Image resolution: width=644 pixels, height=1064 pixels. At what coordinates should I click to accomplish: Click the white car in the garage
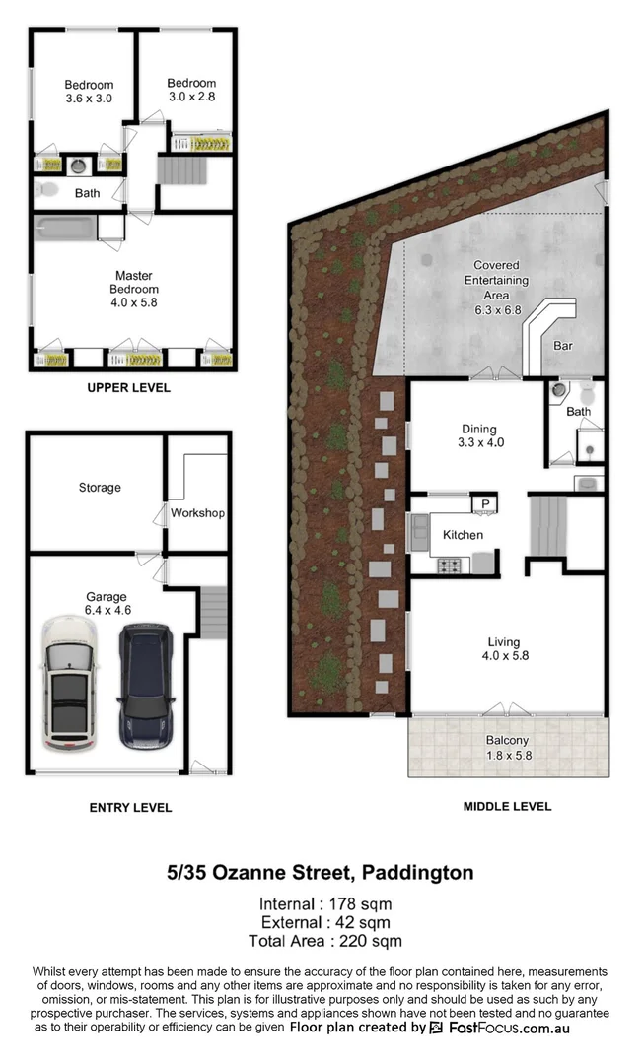(x=68, y=685)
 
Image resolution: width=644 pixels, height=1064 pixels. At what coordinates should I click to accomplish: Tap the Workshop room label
(x=197, y=513)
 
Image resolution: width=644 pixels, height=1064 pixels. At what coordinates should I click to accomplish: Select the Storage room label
(x=100, y=488)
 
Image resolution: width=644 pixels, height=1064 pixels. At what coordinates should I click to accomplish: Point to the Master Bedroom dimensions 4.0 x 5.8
(x=134, y=303)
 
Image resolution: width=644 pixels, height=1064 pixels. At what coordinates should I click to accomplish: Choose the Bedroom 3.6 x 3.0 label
(x=89, y=92)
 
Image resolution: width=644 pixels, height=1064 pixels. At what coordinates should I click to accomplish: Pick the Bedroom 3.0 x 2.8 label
(x=191, y=90)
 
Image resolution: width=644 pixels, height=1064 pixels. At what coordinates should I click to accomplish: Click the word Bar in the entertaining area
(x=563, y=347)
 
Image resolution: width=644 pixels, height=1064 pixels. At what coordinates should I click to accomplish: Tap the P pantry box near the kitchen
(x=484, y=504)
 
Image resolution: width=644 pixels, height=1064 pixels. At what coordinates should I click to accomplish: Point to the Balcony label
(x=507, y=741)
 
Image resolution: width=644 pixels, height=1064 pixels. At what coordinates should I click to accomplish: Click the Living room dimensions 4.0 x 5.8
(x=507, y=656)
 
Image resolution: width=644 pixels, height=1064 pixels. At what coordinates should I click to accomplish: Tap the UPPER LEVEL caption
(x=128, y=388)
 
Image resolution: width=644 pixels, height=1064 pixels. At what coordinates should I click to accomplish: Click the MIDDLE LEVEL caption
(x=507, y=806)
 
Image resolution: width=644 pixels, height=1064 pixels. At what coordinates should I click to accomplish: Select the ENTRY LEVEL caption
(x=130, y=808)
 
